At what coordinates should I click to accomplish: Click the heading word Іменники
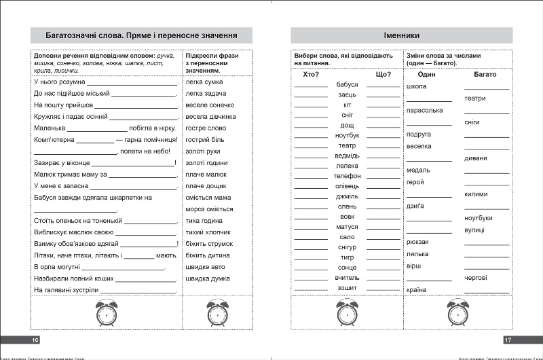(400, 35)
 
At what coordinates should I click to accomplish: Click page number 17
(507, 340)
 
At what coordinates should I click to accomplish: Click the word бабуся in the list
(346, 84)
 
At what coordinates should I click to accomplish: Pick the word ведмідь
(347, 156)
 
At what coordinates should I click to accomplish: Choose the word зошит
(347, 288)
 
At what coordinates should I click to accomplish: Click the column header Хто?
(310, 74)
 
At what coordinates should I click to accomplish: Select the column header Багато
(485, 74)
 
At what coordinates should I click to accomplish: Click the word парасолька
(424, 110)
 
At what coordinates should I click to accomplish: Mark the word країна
(417, 290)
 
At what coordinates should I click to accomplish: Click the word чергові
(476, 278)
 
